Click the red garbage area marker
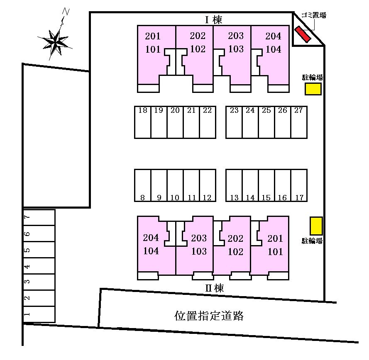click(x=303, y=34)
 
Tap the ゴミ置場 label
click(x=314, y=15)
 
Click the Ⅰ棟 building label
click(x=213, y=20)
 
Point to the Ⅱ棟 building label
click(x=214, y=288)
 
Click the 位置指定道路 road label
click(x=209, y=316)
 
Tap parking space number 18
click(x=143, y=122)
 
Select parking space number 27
click(x=299, y=122)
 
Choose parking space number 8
click(x=143, y=185)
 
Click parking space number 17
click(x=299, y=185)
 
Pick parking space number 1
click(x=39, y=314)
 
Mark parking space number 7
click(x=39, y=217)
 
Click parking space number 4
click(x=39, y=266)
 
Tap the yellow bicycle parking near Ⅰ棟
click(x=313, y=89)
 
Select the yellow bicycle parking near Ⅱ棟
click(x=316, y=226)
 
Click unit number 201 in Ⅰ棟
click(x=152, y=36)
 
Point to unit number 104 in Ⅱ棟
click(x=151, y=251)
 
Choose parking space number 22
click(x=208, y=122)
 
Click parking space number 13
click(x=234, y=185)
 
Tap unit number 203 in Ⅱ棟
click(x=199, y=238)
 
